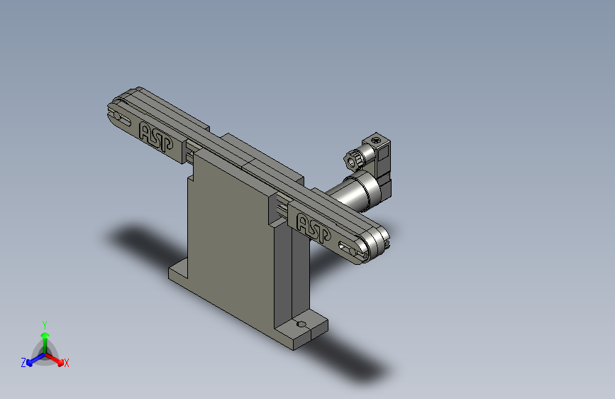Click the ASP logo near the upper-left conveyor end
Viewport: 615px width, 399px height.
[156, 136]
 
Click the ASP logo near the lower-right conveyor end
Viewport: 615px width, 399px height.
[314, 228]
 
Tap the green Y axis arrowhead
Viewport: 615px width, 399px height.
[45, 335]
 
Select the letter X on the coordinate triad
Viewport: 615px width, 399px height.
[66, 364]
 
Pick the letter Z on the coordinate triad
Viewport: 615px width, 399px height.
[23, 363]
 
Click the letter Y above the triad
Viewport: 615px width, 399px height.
[45, 325]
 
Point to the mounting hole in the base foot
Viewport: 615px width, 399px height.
[301, 324]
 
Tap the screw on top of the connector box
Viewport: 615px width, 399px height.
[376, 140]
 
